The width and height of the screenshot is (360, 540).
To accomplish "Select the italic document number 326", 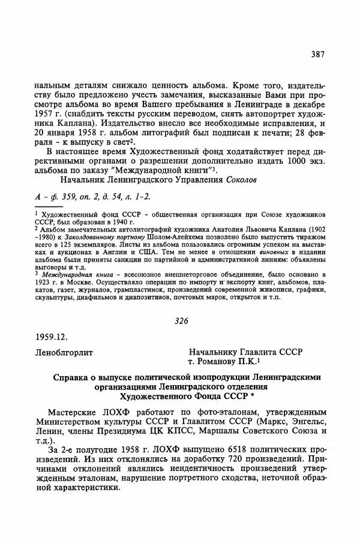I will coord(181,321).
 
